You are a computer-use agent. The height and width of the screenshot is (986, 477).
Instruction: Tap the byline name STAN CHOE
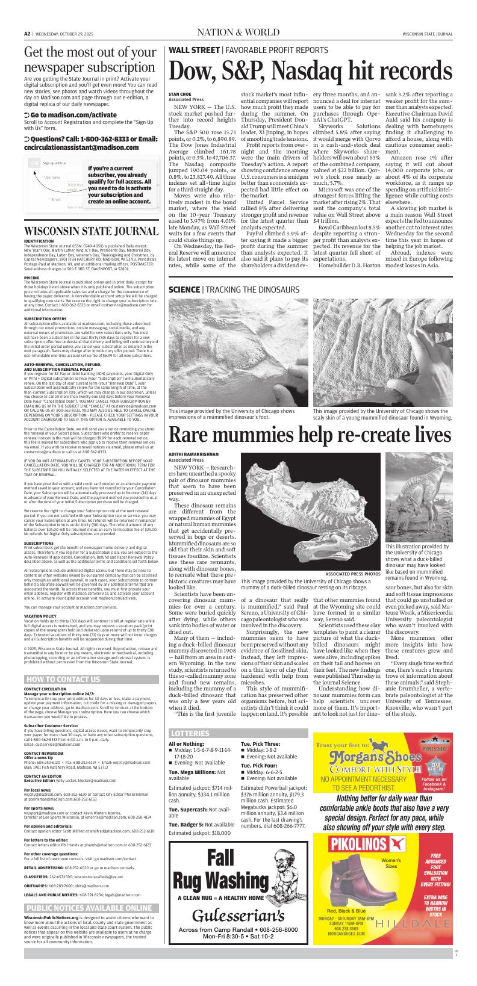pos(179,94)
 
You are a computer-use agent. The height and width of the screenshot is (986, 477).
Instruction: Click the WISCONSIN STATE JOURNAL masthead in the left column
pos(92,232)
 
